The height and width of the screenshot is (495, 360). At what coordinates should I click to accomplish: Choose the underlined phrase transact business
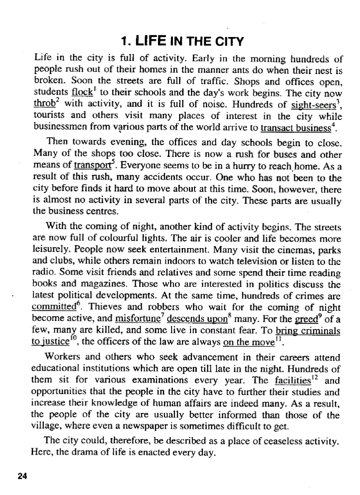pyautogui.click(x=295, y=129)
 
